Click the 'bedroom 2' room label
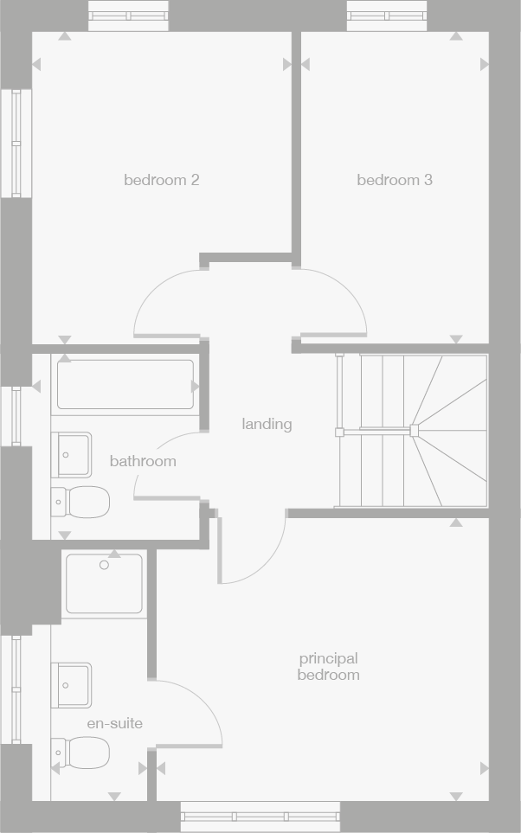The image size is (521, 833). tap(162, 180)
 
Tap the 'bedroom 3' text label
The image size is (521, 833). tap(395, 180)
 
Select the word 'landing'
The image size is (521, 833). tap(267, 424)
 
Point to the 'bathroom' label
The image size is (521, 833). tap(143, 461)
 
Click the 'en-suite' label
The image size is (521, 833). tap(114, 723)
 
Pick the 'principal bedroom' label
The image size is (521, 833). tap(328, 667)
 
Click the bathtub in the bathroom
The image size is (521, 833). tap(125, 385)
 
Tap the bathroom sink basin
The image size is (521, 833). tap(72, 454)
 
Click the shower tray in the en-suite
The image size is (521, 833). tap(104, 584)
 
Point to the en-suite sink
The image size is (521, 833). tap(72, 685)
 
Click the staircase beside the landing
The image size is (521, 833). tap(411, 430)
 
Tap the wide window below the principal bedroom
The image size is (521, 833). tap(260, 816)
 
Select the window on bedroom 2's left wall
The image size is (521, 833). tap(16, 143)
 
